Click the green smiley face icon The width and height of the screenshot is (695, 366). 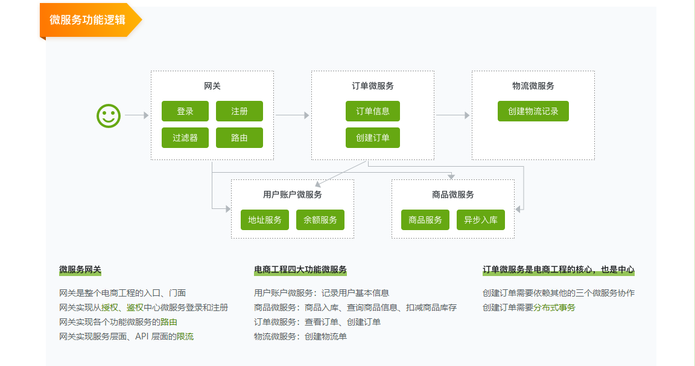[109, 115]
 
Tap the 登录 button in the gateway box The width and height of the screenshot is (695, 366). [185, 111]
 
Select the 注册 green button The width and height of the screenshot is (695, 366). [240, 111]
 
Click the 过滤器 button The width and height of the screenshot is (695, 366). [185, 138]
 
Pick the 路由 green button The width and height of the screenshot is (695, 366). [240, 138]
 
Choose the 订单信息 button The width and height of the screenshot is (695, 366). [373, 111]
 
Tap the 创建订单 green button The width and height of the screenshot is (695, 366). [373, 138]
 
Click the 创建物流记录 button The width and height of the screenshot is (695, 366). [533, 111]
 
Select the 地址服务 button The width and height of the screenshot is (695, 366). [265, 220]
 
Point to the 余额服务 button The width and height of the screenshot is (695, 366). [320, 220]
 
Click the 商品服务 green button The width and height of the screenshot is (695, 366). [425, 220]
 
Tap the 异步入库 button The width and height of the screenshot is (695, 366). [481, 220]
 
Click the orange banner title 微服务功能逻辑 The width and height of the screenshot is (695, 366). [87, 19]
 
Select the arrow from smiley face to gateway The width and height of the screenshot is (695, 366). [136, 115]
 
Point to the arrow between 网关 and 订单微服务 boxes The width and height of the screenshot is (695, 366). [293, 115]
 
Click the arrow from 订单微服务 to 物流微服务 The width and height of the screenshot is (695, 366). [453, 115]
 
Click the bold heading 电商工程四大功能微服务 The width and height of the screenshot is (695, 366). [300, 269]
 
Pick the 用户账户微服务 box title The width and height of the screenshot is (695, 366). [293, 194]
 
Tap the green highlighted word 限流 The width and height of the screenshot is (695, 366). [185, 336]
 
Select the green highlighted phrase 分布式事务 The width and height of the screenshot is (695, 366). [554, 307]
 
